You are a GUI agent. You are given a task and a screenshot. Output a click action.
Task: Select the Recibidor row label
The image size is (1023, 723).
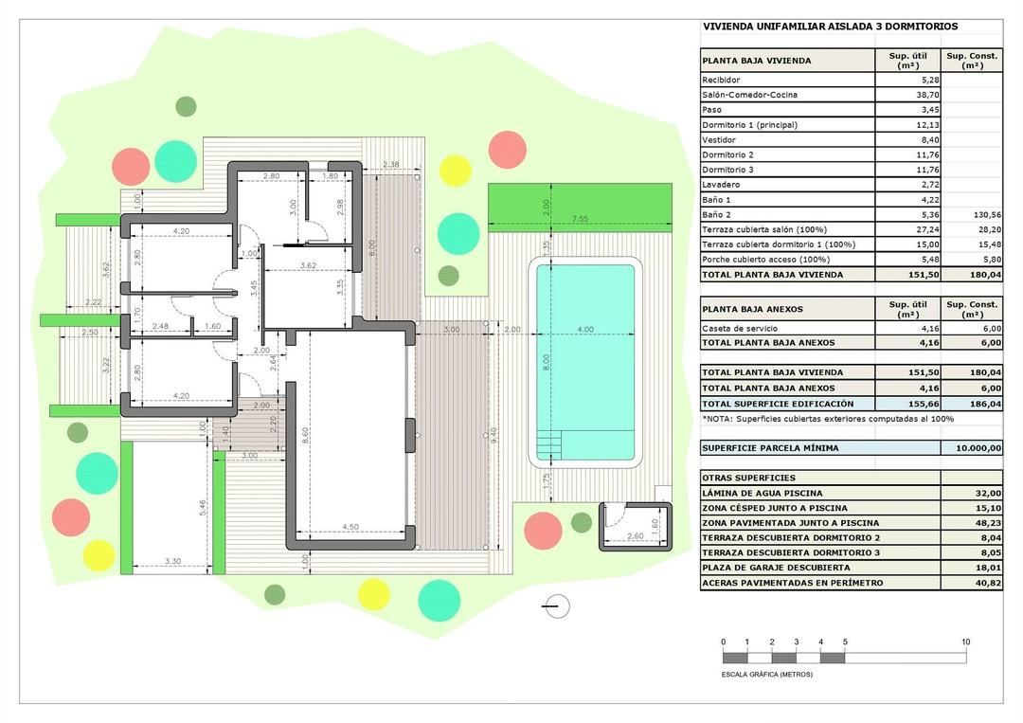tap(721, 80)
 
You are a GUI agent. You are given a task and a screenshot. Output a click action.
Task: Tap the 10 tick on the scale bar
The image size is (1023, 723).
tap(965, 642)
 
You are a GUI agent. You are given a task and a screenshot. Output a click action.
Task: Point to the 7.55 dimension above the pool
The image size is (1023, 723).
tap(579, 220)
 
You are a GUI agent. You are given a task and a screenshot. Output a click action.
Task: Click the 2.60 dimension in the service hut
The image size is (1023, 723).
tap(634, 537)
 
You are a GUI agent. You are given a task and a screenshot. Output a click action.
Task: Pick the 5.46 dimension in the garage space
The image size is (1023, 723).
tap(202, 508)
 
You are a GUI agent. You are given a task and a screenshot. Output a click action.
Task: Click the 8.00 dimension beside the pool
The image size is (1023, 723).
tap(520, 362)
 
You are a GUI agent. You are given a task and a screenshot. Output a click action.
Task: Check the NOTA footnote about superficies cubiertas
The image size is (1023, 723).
tap(827, 418)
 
